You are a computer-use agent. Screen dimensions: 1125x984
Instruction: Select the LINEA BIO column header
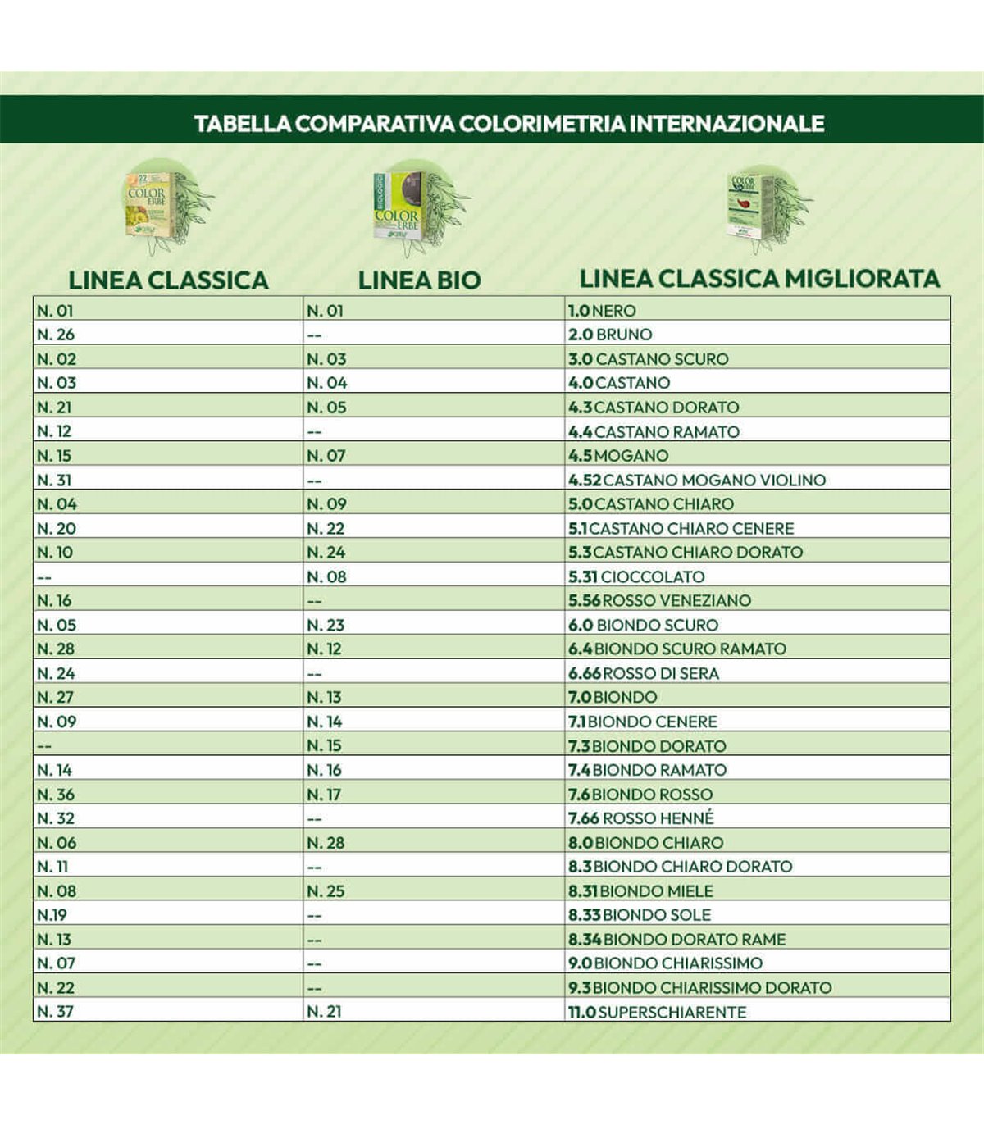click(419, 280)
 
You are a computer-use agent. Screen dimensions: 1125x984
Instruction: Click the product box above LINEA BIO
click(399, 206)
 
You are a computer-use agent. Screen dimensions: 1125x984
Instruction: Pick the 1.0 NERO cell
click(602, 311)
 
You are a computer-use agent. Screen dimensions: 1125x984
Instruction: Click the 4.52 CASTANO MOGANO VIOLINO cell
click(697, 480)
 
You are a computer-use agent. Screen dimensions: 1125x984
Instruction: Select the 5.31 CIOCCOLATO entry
click(636, 576)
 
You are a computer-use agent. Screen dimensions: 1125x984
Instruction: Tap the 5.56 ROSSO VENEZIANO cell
click(659, 600)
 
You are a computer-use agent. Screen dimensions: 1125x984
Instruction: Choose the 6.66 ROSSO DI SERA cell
click(644, 673)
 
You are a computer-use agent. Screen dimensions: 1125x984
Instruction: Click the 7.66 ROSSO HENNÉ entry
click(641, 818)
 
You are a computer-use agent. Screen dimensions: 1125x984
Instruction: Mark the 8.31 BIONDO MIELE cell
click(640, 890)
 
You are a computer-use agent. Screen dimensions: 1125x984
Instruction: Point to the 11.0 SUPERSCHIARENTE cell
click(657, 1012)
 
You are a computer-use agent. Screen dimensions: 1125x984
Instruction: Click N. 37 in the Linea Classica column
click(55, 1012)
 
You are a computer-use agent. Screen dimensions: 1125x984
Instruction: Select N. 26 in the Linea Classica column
click(55, 335)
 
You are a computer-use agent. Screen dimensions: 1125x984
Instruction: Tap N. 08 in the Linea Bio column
click(326, 576)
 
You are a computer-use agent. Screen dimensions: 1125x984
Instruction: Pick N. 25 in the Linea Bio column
click(326, 890)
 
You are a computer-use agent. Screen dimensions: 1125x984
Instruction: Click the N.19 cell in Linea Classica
click(52, 915)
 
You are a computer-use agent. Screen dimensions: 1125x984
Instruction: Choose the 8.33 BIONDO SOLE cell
click(640, 915)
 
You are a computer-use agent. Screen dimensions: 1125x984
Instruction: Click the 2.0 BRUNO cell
click(610, 335)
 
